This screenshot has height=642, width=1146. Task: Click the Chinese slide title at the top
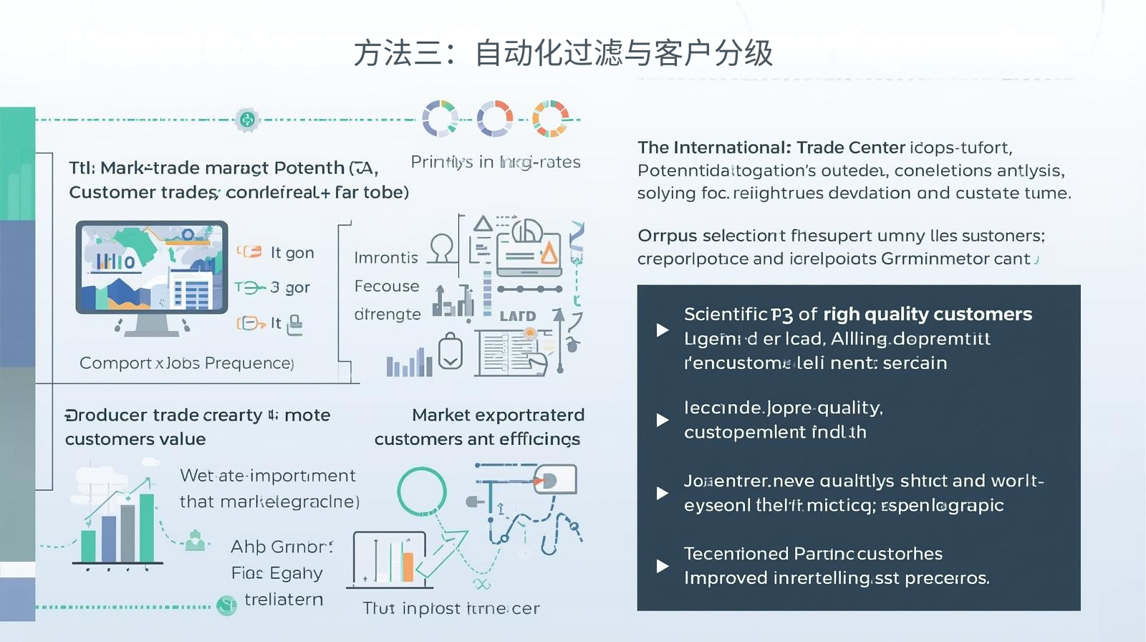pyautogui.click(x=563, y=54)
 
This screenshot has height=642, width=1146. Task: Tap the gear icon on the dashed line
pyautogui.click(x=247, y=120)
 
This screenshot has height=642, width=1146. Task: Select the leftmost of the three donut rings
pyautogui.click(x=440, y=118)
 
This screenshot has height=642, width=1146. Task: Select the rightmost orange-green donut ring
pyautogui.click(x=550, y=118)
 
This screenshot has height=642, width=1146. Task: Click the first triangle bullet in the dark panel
pyautogui.click(x=663, y=330)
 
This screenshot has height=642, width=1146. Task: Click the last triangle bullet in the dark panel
pyautogui.click(x=663, y=566)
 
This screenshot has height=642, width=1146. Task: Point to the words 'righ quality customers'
pyautogui.click(x=928, y=314)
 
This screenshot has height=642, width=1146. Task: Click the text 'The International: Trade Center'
pyautogui.click(x=771, y=148)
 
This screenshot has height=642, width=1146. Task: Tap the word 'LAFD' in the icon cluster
pyautogui.click(x=517, y=316)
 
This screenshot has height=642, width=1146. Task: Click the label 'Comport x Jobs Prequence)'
pyautogui.click(x=186, y=363)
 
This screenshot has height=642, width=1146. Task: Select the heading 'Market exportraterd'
pyautogui.click(x=498, y=415)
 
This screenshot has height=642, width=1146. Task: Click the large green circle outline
pyautogui.click(x=422, y=492)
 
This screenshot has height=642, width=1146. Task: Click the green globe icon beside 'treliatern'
pyautogui.click(x=226, y=605)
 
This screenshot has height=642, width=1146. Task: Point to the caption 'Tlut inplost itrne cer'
pyautogui.click(x=451, y=608)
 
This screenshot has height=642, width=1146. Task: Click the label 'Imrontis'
pyautogui.click(x=386, y=257)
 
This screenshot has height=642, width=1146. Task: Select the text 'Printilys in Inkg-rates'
pyautogui.click(x=495, y=162)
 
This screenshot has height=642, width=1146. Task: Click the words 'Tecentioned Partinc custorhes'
pyautogui.click(x=813, y=554)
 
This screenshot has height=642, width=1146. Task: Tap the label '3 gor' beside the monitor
pyautogui.click(x=290, y=287)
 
